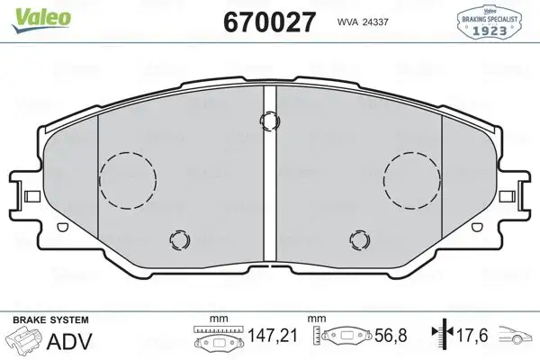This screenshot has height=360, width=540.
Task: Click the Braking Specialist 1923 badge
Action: [x=491, y=20]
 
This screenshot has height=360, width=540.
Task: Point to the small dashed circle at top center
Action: [x=268, y=120]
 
